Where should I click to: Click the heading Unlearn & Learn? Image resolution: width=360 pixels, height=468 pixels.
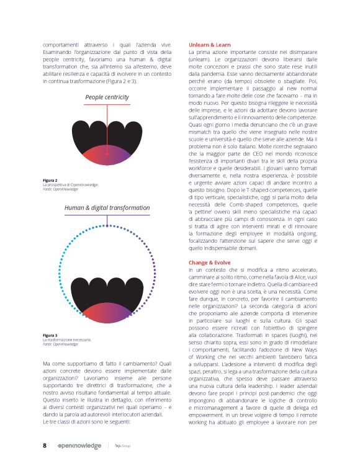tap(210, 45)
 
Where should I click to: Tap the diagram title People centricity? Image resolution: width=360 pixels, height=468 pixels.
tap(107, 97)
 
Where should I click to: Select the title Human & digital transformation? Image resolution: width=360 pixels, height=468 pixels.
tap(107, 208)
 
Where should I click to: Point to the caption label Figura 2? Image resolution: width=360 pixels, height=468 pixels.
tap(51, 181)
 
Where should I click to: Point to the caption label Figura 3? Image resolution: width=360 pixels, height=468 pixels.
tap(51, 336)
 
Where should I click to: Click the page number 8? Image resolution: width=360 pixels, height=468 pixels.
tap(45, 446)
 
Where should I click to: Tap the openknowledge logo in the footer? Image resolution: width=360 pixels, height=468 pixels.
tap(78, 446)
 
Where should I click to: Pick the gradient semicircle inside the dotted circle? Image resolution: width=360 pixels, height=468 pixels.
tap(107, 310)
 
